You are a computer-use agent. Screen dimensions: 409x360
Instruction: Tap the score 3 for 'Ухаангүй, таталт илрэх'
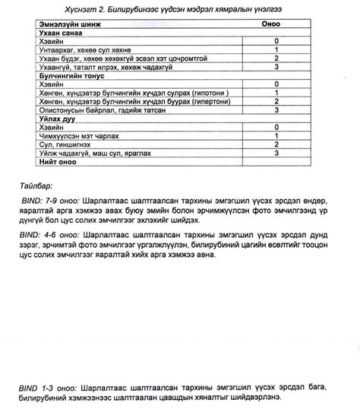click(x=276, y=66)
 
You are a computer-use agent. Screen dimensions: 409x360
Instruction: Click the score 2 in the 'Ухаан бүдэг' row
click(x=276, y=58)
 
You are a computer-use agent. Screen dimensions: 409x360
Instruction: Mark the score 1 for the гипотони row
click(x=276, y=93)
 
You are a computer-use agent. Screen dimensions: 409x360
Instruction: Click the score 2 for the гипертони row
click(x=276, y=101)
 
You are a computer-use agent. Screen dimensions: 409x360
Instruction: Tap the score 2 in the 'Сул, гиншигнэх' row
click(x=276, y=144)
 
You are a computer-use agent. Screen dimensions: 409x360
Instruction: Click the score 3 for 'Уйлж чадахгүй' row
click(x=276, y=153)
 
